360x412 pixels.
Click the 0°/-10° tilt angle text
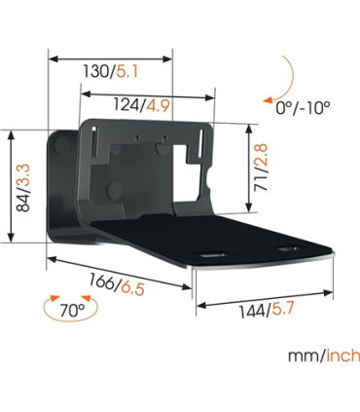pos(302,107)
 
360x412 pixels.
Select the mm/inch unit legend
pos(323,356)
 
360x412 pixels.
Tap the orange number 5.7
pos(283,310)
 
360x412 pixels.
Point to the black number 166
pos(101,278)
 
